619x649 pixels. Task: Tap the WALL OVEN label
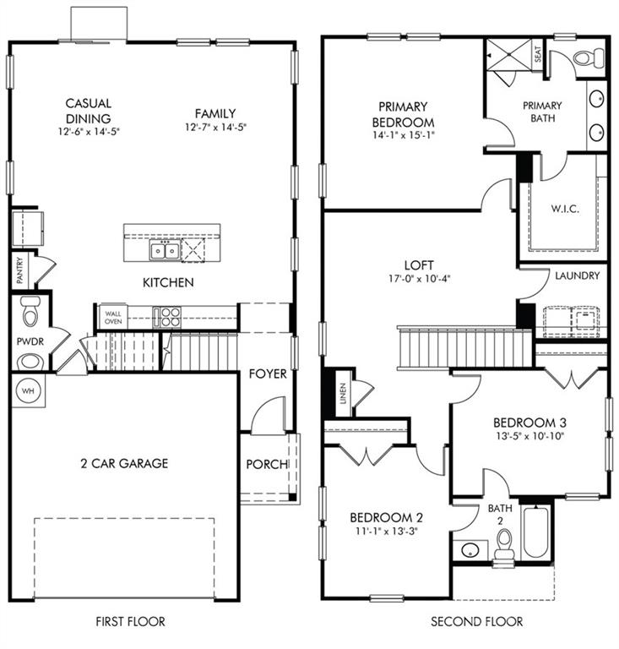pos(112,316)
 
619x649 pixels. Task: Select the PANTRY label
pos(19,271)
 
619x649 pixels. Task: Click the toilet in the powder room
pos(30,312)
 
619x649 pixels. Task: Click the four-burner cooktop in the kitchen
pos(167,317)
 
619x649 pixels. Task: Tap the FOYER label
pos(268,374)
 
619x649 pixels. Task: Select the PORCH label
pos(267,464)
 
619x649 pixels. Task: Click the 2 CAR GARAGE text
pos(124,463)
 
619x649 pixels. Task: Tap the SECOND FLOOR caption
pos(477,621)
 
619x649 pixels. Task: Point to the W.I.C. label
pos(564,209)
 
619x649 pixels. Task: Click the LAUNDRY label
pos(578,275)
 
